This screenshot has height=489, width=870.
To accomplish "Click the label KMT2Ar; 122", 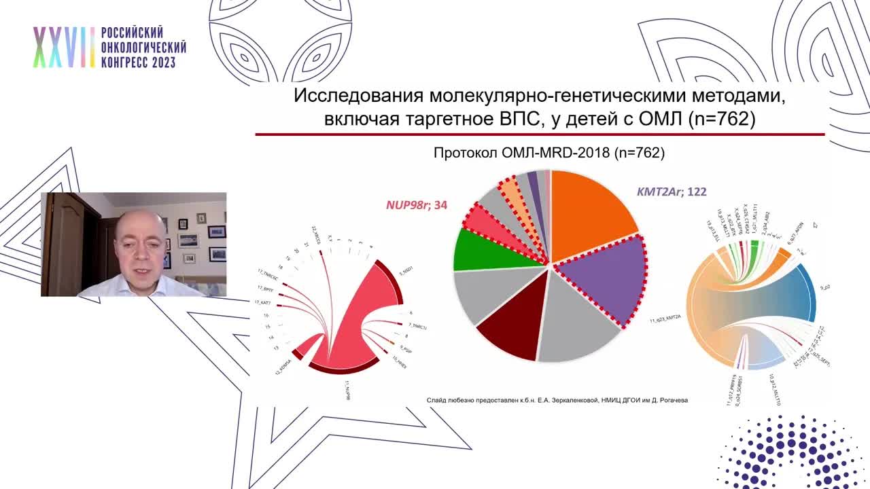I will point(671,192).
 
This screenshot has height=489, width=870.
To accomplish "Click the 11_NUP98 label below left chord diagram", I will point(347,391).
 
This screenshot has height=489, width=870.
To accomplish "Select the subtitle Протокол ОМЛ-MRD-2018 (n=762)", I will point(549,153).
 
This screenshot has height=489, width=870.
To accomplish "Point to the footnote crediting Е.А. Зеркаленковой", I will point(557,400).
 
